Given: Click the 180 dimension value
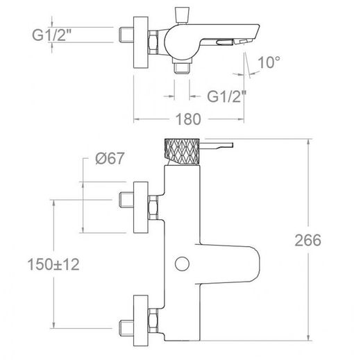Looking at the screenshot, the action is pos(188,119).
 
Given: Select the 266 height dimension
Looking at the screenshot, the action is pos(308,240).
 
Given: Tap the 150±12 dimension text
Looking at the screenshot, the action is pos(53,264).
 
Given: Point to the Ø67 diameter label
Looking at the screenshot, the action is pos(110,158).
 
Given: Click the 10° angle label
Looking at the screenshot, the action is pos(269,62).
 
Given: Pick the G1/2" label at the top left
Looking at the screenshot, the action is pos(51,35).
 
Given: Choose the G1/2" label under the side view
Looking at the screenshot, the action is pos(226,96).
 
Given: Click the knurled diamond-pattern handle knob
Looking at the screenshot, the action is pos(182,152).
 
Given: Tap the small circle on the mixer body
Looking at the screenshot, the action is pos(182,264).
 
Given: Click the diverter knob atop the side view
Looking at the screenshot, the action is pos(183,15).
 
